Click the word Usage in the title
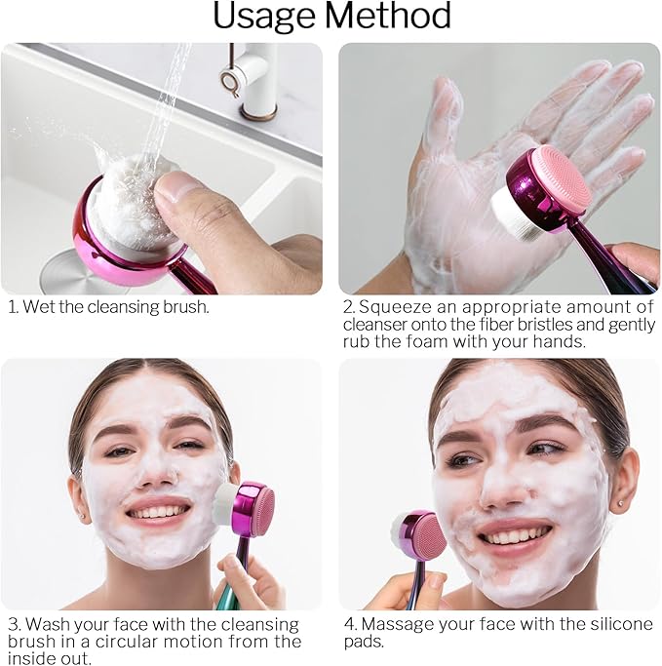point(263,17)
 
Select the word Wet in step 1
point(42,307)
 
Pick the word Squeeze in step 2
point(393,307)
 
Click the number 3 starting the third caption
point(13,623)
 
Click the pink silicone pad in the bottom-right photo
point(426,534)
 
